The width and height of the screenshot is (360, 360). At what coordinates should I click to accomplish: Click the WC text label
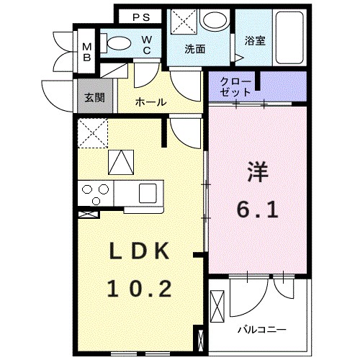click(x=145, y=45)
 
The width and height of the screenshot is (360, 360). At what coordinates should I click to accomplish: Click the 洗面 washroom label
click(x=194, y=50)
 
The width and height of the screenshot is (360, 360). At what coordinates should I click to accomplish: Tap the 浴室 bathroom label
click(x=255, y=41)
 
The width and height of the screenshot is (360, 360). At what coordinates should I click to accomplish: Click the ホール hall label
click(x=150, y=102)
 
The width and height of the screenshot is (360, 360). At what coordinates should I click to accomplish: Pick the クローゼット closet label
click(x=235, y=86)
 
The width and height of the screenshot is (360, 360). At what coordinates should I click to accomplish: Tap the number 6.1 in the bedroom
click(x=258, y=210)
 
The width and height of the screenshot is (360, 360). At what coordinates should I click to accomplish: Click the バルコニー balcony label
click(x=262, y=330)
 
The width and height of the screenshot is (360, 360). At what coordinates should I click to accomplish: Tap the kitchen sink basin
click(x=148, y=192)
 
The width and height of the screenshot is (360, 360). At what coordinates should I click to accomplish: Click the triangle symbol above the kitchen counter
click(x=120, y=161)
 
